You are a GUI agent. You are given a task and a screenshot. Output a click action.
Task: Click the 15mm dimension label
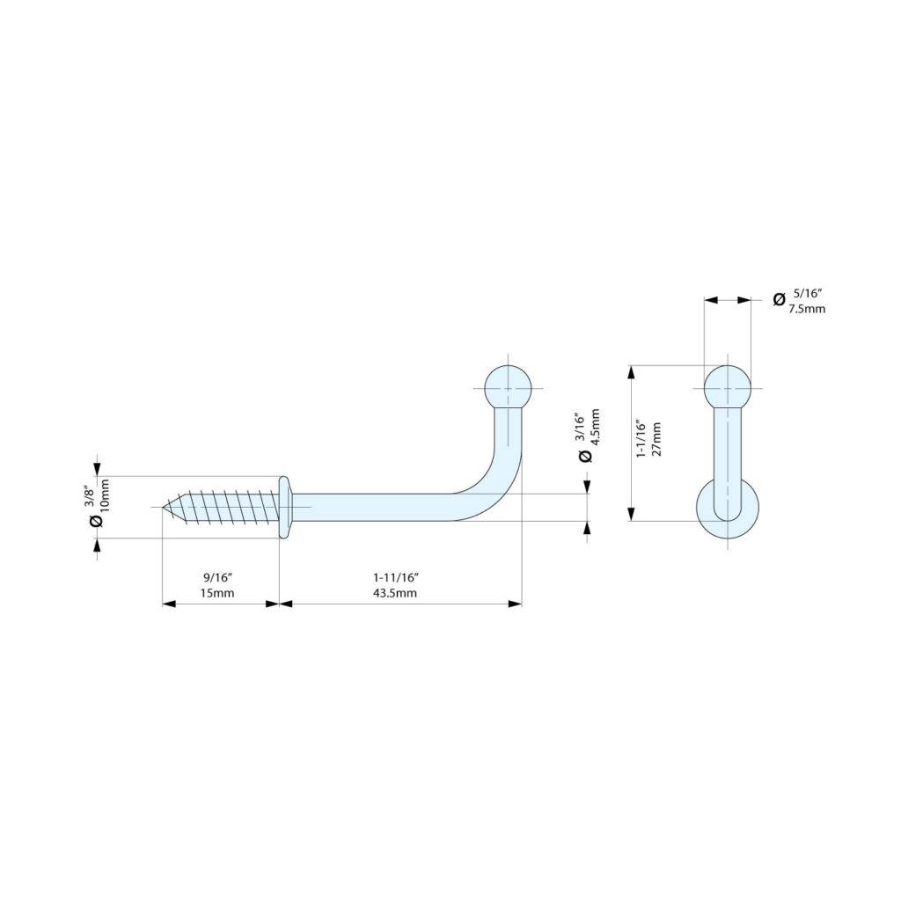click(216, 593)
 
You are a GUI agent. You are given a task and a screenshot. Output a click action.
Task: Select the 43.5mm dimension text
click(395, 593)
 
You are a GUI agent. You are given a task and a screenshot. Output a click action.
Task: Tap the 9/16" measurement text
click(217, 577)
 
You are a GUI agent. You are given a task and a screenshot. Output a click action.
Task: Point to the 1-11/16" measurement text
click(396, 577)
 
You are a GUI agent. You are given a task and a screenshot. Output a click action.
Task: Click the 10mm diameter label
click(105, 495)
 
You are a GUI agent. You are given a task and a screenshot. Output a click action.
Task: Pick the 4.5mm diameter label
click(595, 427)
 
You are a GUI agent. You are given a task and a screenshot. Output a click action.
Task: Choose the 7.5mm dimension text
click(807, 309)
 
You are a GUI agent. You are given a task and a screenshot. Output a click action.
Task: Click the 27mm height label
click(656, 439)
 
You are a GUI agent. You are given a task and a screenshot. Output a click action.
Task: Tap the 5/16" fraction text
click(808, 293)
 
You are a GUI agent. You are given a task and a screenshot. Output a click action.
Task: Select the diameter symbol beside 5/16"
click(779, 299)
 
